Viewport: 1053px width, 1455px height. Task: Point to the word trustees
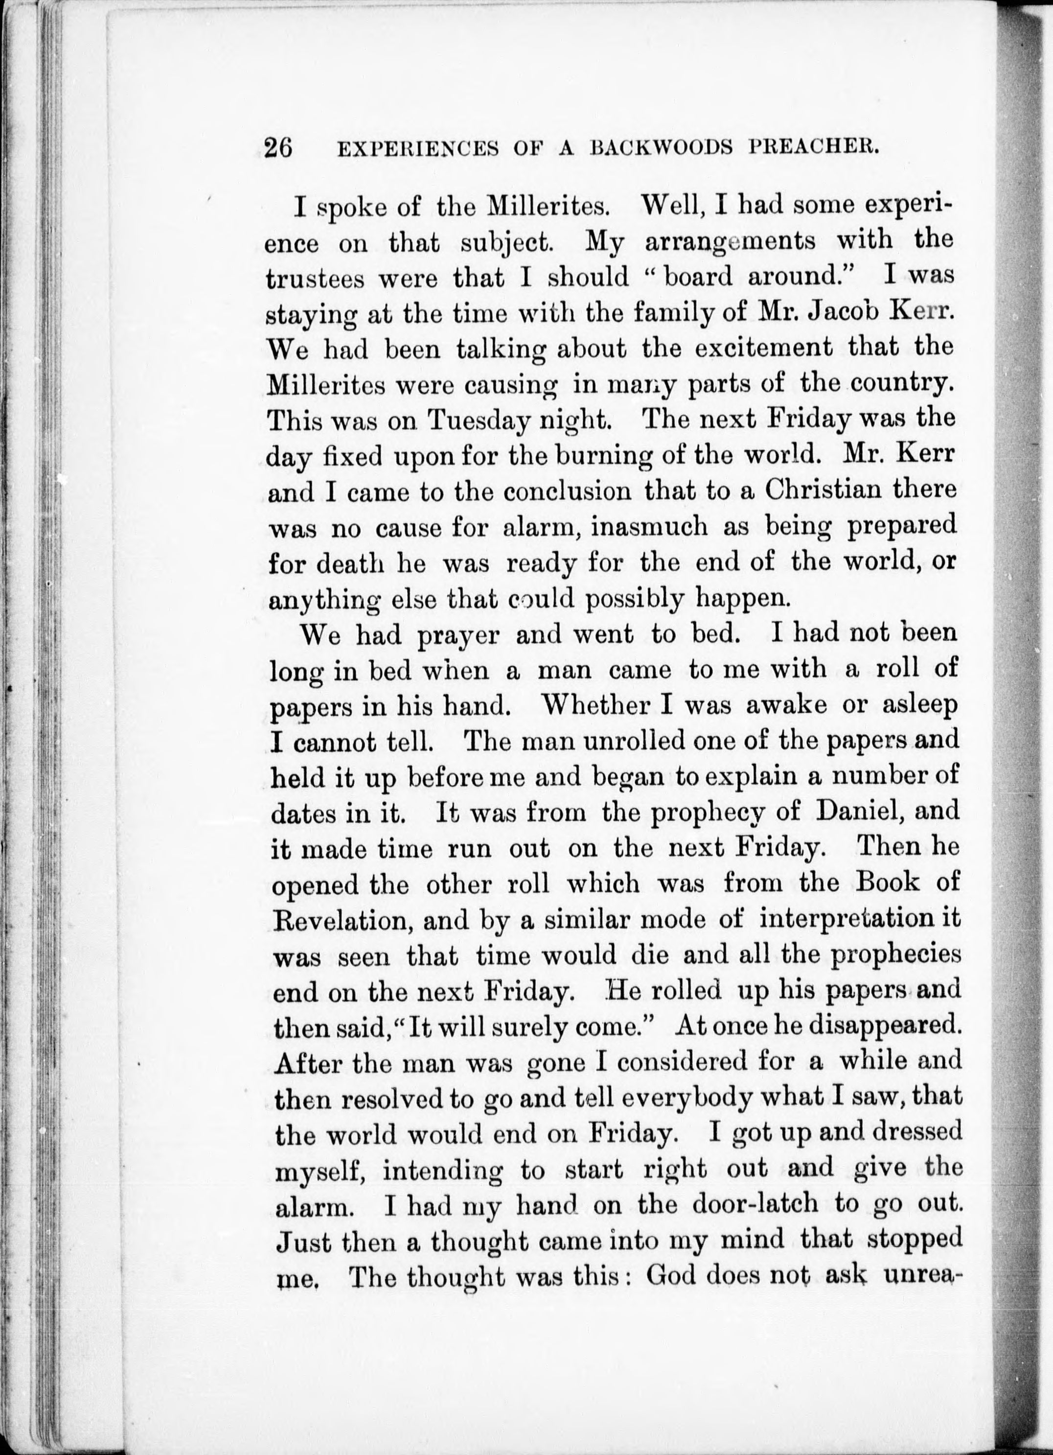[315, 279]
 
